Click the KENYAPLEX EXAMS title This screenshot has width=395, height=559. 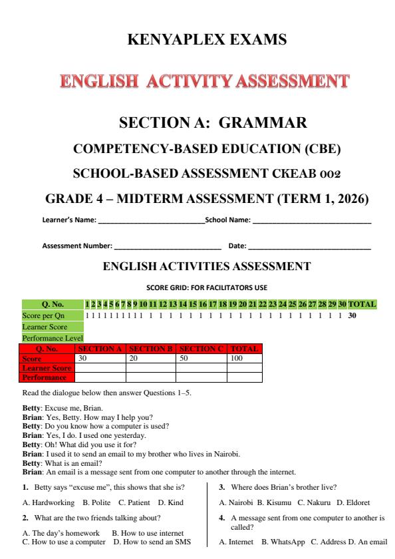coord(197,40)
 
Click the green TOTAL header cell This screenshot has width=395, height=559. coord(362,305)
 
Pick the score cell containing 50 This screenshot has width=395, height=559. coord(201,357)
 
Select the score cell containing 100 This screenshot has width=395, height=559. coord(245,357)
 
